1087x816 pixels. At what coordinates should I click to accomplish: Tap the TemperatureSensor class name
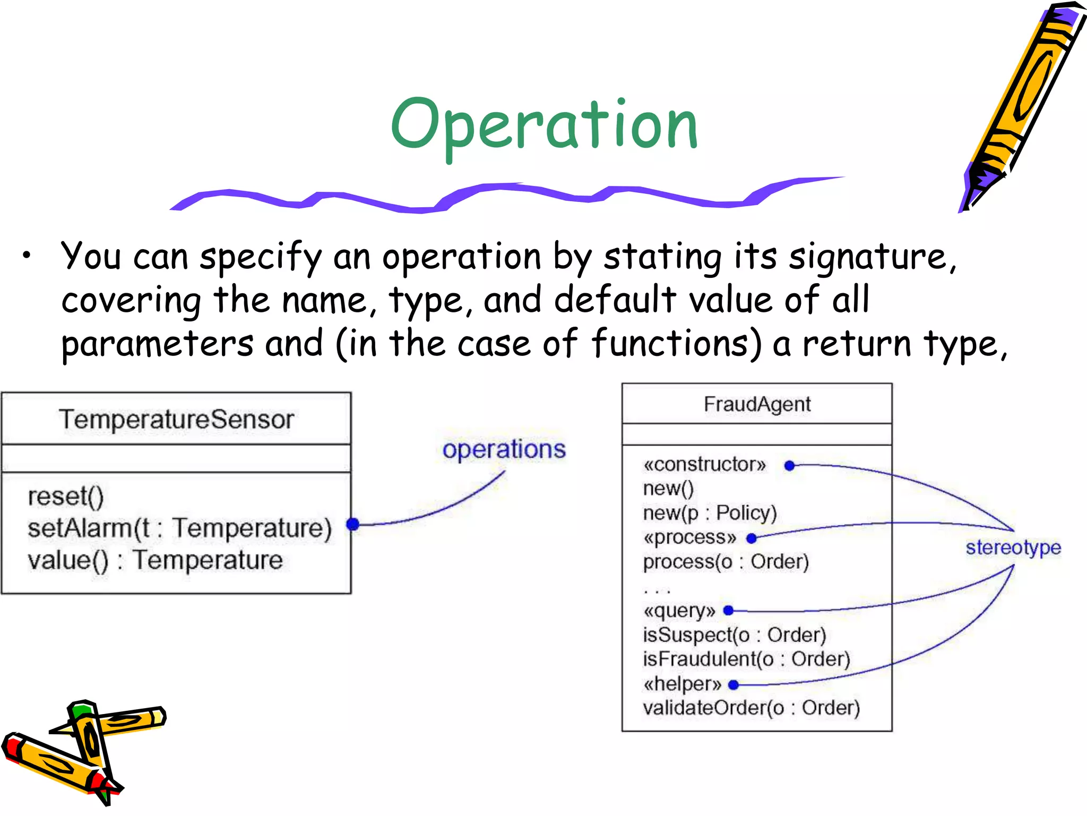click(x=176, y=419)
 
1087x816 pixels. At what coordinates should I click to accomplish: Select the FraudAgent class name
click(x=757, y=404)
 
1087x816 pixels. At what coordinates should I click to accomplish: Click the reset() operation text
click(x=66, y=497)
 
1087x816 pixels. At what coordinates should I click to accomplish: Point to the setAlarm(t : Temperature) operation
click(x=179, y=528)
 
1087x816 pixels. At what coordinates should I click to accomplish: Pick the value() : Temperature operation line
click(x=155, y=560)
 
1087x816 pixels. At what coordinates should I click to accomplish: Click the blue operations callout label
click(x=504, y=449)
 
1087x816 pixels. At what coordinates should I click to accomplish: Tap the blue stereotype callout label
click(x=1013, y=547)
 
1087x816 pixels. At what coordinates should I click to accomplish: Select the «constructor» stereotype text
click(x=704, y=464)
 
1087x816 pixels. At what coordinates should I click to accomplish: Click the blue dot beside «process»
click(x=751, y=539)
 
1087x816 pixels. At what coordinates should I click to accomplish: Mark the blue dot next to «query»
click(x=728, y=610)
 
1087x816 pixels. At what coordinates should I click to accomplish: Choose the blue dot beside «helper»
click(x=734, y=685)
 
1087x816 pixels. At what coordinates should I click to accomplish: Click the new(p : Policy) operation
click(x=710, y=513)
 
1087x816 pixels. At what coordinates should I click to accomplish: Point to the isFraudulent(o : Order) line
click(x=746, y=659)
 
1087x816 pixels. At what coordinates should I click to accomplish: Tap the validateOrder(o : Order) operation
click(x=751, y=708)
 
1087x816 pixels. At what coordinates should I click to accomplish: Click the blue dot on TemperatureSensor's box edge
click(x=353, y=524)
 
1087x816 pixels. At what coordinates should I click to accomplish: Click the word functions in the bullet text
click(x=676, y=343)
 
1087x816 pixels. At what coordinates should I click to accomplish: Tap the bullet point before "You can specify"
click(x=27, y=256)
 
